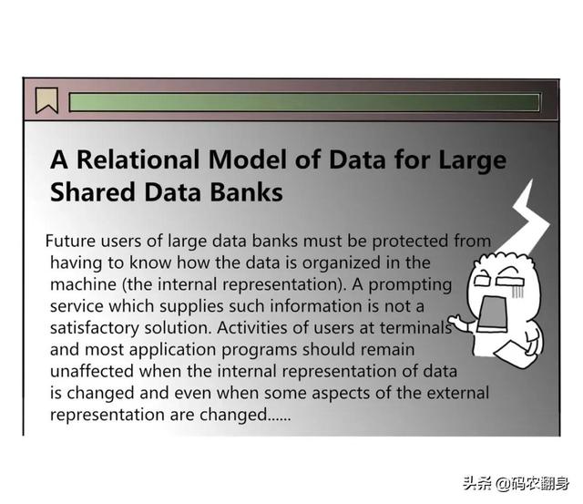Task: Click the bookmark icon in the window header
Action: (46, 100)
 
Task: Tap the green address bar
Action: (304, 102)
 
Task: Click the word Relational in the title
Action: (138, 159)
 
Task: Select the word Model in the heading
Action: (248, 159)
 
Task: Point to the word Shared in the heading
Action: (93, 192)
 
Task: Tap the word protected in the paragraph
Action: (410, 242)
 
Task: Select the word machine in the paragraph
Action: (83, 284)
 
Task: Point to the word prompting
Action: (410, 285)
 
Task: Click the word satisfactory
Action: (95, 328)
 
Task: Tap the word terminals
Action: (415, 328)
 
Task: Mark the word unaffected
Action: (92, 371)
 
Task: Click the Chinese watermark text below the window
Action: (517, 483)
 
